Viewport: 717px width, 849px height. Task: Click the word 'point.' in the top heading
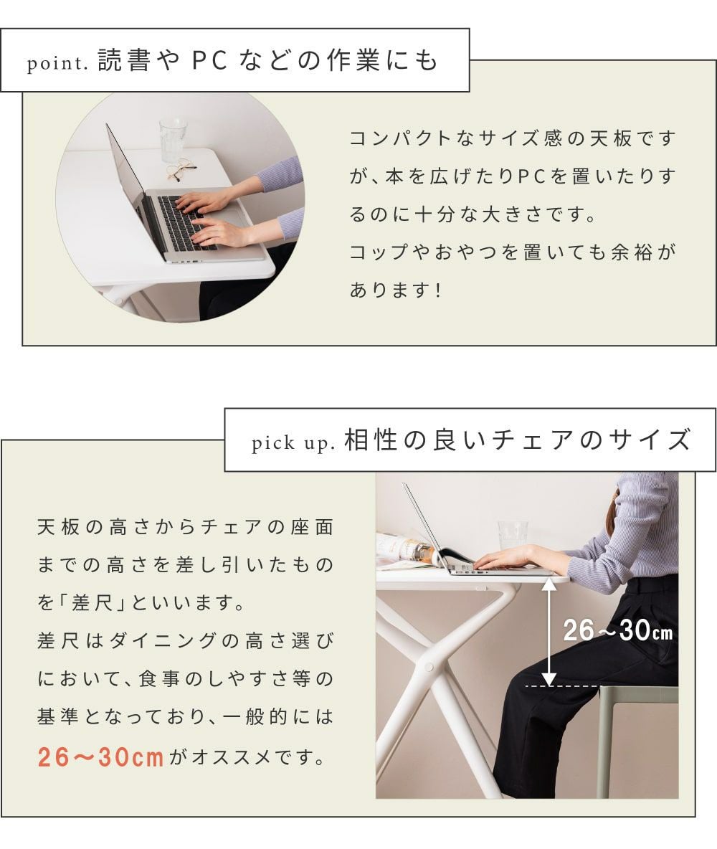57,63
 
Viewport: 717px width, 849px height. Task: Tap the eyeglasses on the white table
181,169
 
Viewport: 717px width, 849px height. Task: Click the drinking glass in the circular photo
173,141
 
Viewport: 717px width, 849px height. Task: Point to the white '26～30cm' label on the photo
617,631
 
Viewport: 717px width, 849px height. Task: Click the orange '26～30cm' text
100,757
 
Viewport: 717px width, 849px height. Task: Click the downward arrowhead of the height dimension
549,678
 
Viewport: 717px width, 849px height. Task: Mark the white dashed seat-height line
563,686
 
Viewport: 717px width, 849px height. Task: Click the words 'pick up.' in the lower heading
293,443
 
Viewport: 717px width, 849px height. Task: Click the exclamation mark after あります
438,290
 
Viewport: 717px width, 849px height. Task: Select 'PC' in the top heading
209,60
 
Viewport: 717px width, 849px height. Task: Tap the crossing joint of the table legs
429,666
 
